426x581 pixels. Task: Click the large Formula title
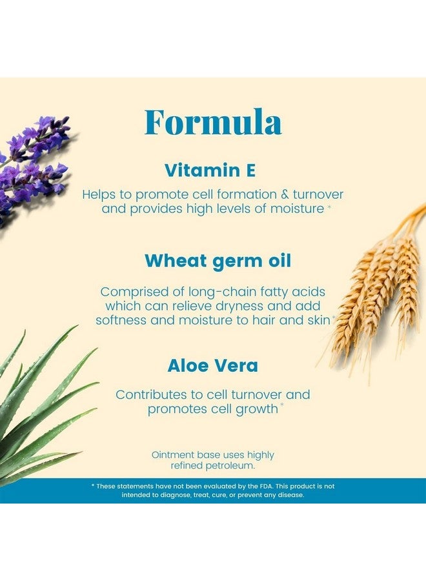[x=213, y=122]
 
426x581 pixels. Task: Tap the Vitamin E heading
[x=210, y=170]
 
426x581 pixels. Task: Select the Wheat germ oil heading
[x=218, y=261]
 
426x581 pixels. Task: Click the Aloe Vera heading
[x=212, y=365]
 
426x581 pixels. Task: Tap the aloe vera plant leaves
[x=39, y=407]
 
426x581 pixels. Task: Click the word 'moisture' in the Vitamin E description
[x=294, y=209]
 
